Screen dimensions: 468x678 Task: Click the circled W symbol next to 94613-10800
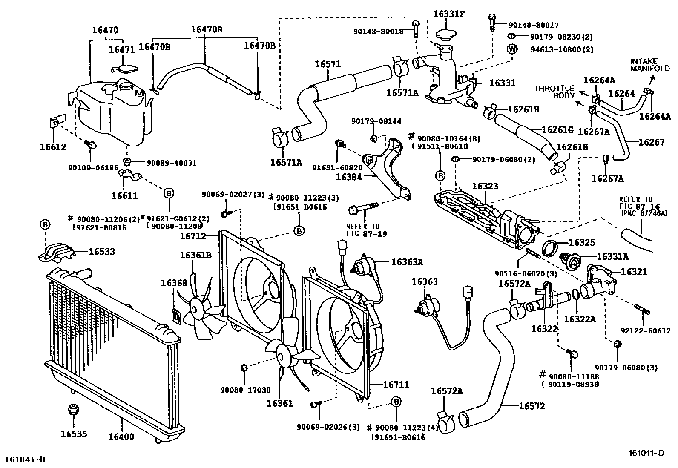pos(512,49)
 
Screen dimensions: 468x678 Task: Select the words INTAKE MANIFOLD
pos(644,65)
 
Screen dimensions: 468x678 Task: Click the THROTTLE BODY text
pos(554,92)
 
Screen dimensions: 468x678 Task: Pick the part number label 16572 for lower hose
pos(531,406)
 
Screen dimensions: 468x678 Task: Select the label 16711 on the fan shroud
pos(396,385)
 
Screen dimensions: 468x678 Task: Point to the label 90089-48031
pos(171,163)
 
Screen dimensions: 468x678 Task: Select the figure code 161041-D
pos(647,453)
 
